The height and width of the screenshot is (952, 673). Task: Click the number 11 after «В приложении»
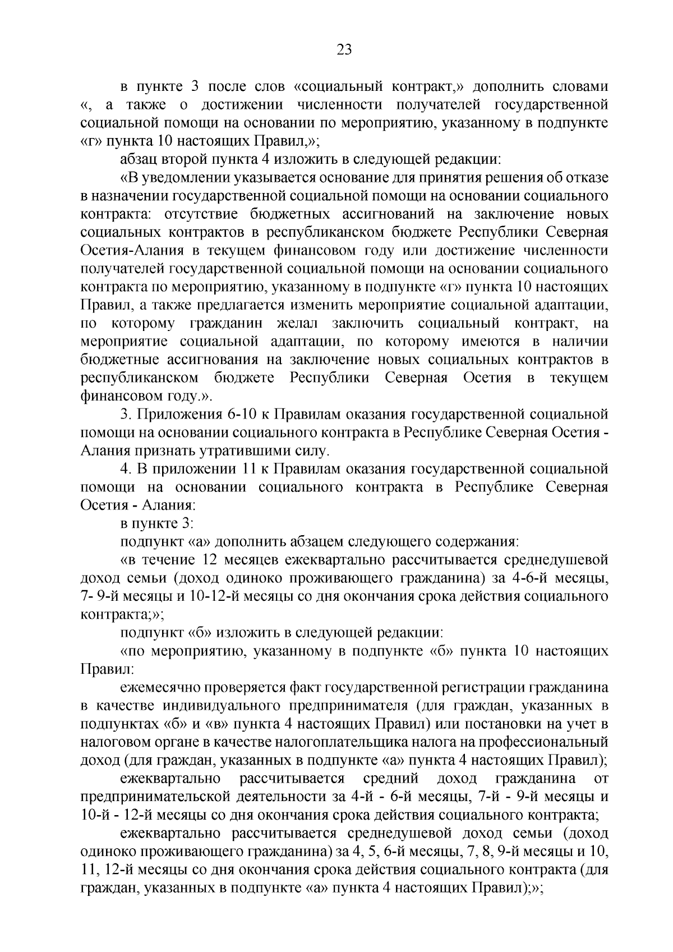tap(253, 469)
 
